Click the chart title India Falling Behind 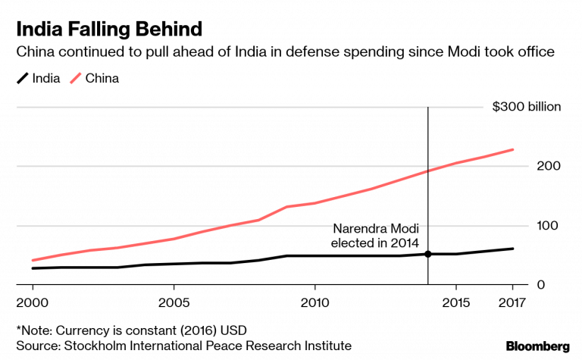tap(109, 30)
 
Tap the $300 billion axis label tap(527, 107)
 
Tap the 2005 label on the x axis tap(174, 303)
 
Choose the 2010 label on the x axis tap(314, 303)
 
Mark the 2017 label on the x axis tap(512, 303)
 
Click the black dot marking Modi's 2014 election tap(428, 254)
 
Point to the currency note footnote tap(131, 330)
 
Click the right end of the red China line tap(513, 149)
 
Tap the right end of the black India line tap(513, 249)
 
